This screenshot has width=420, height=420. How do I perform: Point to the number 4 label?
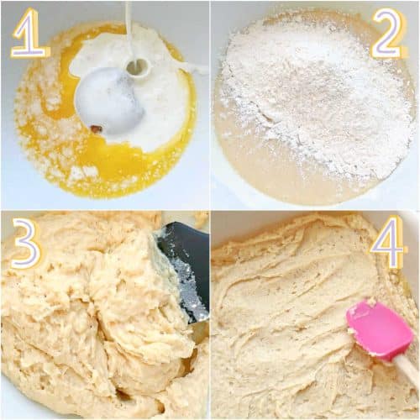tap(387, 243)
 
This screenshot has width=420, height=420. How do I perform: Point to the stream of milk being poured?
tap(129, 31)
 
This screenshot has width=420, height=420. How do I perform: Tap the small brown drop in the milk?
tap(96, 129)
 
